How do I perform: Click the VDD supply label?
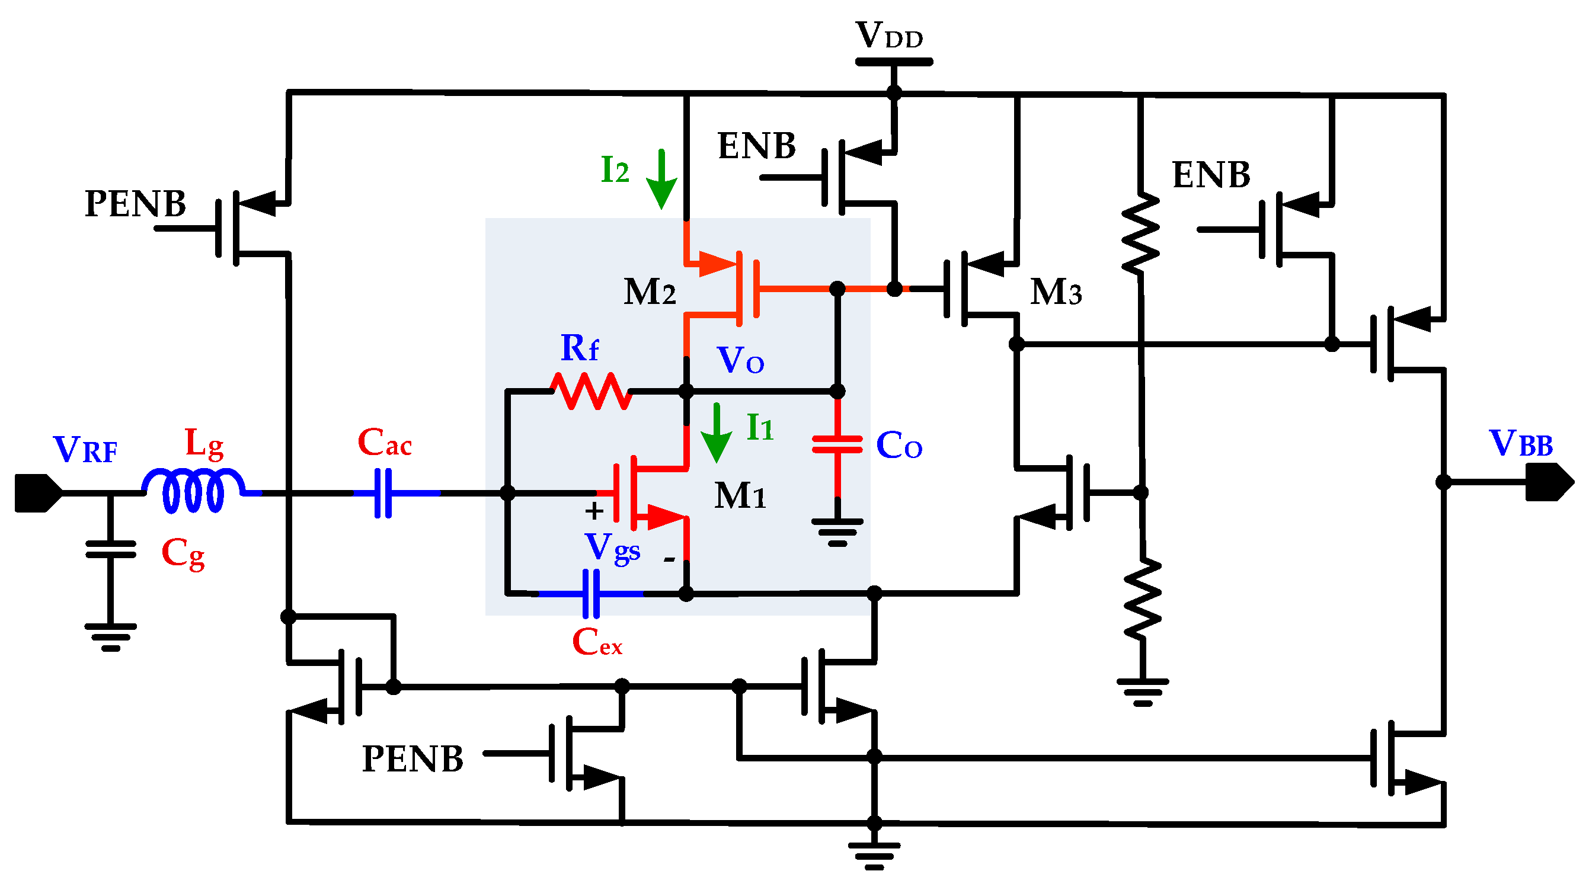pos(889,36)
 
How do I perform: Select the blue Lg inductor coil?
pos(193,491)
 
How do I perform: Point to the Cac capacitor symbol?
pos(383,493)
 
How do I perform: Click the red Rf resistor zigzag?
pos(590,390)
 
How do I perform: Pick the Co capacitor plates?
pos(837,444)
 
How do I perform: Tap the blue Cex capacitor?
pos(591,593)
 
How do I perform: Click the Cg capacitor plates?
pos(110,549)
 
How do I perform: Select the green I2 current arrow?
pos(661,179)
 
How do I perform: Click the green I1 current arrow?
pos(716,433)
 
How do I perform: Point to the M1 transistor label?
pos(740,495)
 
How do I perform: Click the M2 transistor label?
pos(649,292)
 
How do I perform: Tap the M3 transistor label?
pos(1056,292)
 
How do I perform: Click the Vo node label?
pos(740,360)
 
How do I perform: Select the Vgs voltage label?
pos(612,547)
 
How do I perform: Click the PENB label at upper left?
pos(135,204)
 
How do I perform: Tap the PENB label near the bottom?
pos(412,758)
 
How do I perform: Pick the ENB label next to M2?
pos(756,146)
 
